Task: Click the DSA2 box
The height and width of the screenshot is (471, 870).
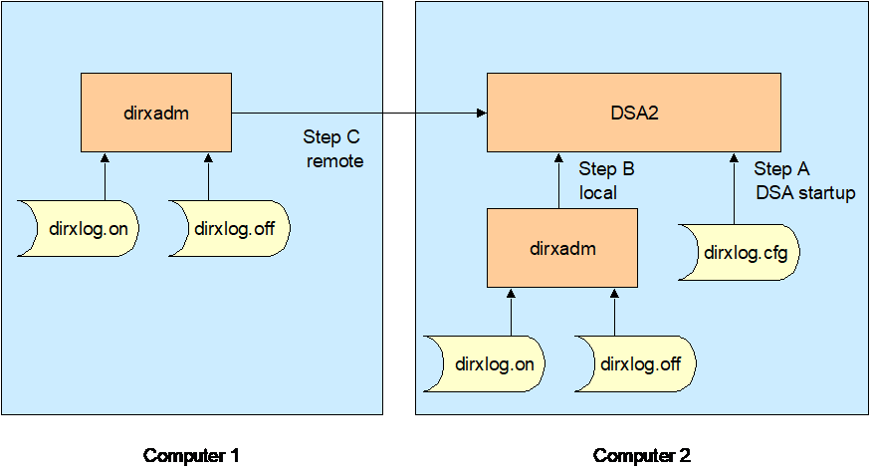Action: [x=633, y=113]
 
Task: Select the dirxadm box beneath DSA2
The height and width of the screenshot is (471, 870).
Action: [x=563, y=249]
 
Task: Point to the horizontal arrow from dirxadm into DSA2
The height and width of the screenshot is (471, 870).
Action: [x=358, y=113]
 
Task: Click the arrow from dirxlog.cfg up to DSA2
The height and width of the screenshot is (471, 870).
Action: [x=735, y=189]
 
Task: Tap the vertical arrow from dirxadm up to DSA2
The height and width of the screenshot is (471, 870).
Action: [x=563, y=180]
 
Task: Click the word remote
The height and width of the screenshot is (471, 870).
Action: [x=332, y=159]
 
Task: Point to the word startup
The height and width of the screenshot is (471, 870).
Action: [x=821, y=193]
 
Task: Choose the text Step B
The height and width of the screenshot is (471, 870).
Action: [x=606, y=168]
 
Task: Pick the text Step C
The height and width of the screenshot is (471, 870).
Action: [x=332, y=137]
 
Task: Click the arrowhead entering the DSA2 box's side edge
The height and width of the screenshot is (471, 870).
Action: [x=481, y=113]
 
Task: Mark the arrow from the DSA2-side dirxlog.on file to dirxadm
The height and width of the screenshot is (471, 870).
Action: [x=511, y=312]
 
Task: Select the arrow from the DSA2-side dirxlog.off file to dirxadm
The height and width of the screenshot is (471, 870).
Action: [x=615, y=312]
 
